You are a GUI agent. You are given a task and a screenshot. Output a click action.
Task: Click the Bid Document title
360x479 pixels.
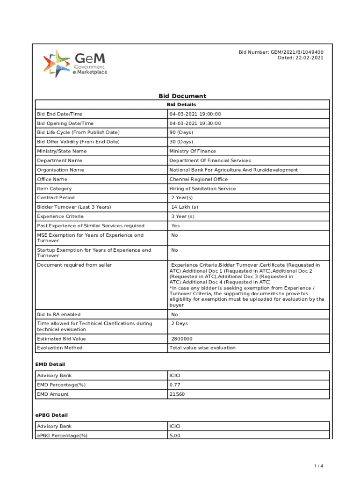click(x=182, y=96)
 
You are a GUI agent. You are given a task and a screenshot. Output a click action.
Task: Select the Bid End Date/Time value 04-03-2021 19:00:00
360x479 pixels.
click(x=195, y=114)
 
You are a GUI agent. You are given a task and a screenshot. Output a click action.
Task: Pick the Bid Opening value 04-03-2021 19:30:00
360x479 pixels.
click(x=195, y=123)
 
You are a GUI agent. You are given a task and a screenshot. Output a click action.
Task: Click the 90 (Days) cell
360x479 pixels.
click(x=181, y=132)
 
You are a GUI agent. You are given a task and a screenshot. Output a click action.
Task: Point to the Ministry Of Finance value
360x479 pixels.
click(x=193, y=151)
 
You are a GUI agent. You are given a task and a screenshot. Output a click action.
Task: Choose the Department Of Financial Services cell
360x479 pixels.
click(x=210, y=160)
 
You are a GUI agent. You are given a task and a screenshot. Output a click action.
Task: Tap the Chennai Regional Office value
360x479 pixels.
click(x=199, y=179)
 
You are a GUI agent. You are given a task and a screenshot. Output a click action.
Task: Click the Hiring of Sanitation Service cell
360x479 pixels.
click(x=202, y=189)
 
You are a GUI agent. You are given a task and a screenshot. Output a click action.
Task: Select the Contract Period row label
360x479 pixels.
click(x=56, y=198)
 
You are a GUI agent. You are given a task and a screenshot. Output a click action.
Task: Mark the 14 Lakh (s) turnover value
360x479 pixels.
click(x=185, y=207)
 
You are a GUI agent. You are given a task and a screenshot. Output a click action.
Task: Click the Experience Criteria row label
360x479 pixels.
click(x=60, y=216)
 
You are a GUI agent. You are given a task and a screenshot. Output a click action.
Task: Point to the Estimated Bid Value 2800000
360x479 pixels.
click(x=182, y=339)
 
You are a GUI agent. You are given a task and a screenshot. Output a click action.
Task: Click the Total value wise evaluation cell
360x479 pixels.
click(x=202, y=348)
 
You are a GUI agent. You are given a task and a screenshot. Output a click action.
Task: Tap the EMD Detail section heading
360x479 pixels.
click(x=50, y=364)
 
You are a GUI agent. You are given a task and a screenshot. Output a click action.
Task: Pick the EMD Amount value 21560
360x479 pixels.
click(x=177, y=394)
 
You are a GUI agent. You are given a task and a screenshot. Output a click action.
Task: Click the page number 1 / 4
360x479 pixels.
click(x=318, y=466)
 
